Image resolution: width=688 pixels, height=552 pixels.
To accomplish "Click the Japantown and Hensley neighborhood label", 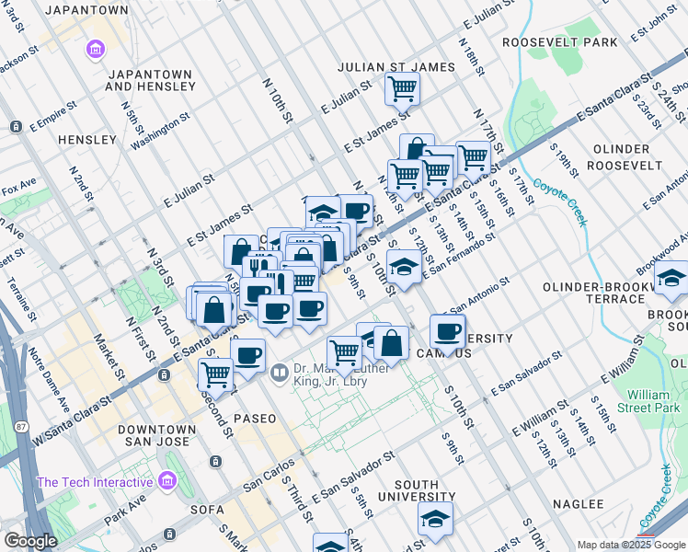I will tap(150, 80).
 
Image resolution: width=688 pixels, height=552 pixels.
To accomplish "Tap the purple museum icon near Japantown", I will tap(94, 48).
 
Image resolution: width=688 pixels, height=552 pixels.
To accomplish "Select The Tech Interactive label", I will tap(94, 482).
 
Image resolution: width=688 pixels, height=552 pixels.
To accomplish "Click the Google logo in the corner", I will tap(30, 542).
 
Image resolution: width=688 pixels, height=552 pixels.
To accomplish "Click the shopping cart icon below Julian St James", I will tap(402, 89).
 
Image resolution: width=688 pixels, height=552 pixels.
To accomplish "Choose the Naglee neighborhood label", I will tap(578, 504).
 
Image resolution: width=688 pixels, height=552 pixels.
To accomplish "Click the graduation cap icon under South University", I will tap(435, 519).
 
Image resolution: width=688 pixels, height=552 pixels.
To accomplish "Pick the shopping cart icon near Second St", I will tap(215, 373).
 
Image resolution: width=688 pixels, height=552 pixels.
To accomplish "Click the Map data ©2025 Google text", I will tap(630, 545).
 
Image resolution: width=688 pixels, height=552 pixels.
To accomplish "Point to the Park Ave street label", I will tap(125, 508).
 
